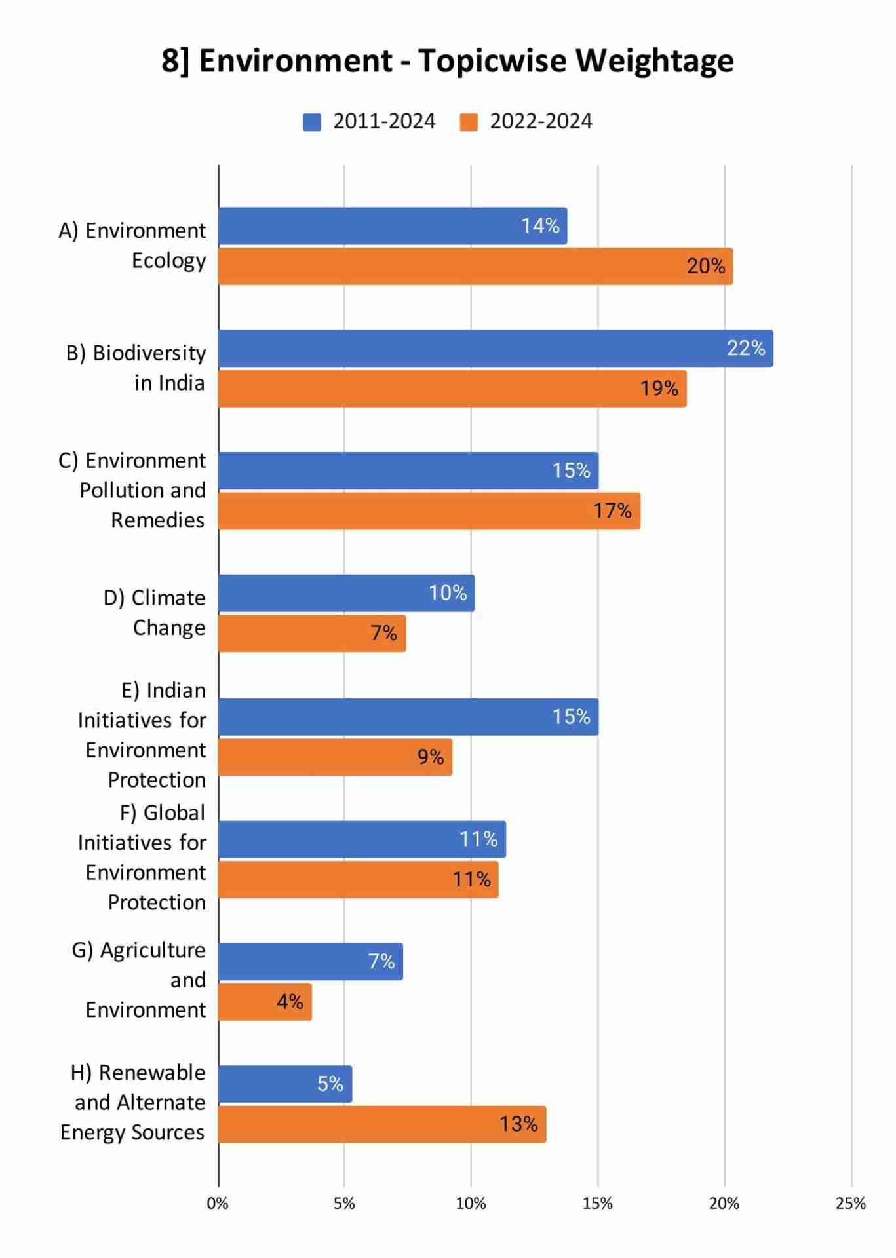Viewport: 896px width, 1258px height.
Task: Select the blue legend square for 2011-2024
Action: (x=311, y=122)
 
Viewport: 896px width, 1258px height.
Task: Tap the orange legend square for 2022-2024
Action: (x=469, y=122)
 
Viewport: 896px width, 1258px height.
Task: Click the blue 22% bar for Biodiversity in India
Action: (x=495, y=349)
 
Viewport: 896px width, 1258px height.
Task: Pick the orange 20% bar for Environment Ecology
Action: (x=475, y=266)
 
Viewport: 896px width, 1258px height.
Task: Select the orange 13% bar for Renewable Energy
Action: (x=382, y=1124)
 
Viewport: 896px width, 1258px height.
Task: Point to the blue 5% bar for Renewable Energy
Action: (x=285, y=1084)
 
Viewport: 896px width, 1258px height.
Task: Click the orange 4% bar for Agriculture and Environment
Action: (x=265, y=1002)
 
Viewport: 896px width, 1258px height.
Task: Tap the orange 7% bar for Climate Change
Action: (x=312, y=633)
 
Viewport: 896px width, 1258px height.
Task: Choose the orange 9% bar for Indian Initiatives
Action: (x=335, y=757)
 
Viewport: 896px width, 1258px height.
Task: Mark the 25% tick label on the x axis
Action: (x=851, y=1204)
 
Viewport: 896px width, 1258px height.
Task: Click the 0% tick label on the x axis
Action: (x=218, y=1204)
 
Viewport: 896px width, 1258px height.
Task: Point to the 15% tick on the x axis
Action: (x=598, y=1204)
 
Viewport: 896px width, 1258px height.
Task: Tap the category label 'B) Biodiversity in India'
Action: (x=136, y=368)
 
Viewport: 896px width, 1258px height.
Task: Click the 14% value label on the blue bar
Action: (x=540, y=226)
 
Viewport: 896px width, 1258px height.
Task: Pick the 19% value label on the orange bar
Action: (x=659, y=389)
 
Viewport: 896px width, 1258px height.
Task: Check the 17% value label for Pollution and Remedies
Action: (x=612, y=510)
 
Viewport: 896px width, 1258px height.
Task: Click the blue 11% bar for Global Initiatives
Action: (x=362, y=839)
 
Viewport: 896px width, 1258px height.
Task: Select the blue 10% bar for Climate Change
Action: (x=346, y=593)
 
